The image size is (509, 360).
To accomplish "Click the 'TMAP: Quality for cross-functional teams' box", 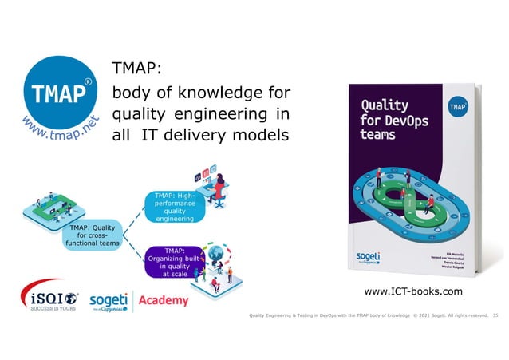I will coord(93,236).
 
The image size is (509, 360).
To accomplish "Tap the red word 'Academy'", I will coord(164,300).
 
